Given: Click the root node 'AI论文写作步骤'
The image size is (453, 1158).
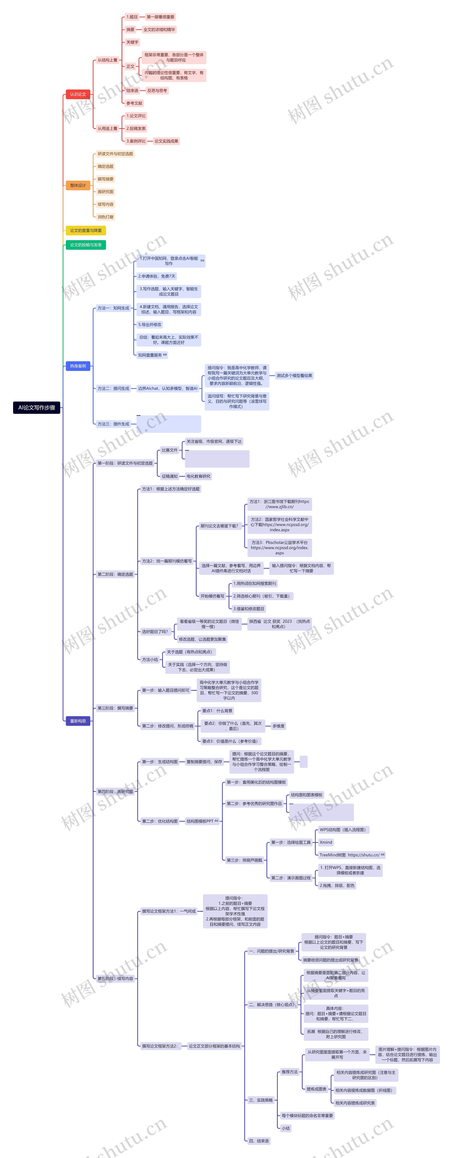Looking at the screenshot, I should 36,408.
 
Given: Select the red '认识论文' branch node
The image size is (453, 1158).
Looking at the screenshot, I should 78,94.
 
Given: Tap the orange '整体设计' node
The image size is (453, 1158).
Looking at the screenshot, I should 78,185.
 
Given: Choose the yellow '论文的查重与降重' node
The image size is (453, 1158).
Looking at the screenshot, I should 85,231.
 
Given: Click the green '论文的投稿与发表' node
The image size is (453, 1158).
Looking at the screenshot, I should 85,245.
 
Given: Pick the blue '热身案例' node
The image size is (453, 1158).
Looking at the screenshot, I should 78,366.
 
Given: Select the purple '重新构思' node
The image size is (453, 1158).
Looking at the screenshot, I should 78,721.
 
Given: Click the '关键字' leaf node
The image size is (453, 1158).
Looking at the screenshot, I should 132,42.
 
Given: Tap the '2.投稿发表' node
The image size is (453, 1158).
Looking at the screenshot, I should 136,129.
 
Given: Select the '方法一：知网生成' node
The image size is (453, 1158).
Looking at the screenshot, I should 113,308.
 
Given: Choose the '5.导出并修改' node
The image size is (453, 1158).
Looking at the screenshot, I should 150,325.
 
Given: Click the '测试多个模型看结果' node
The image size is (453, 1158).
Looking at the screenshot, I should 294,376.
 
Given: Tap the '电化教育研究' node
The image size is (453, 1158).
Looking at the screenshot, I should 198,477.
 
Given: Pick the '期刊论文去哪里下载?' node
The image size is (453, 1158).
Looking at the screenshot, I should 219,526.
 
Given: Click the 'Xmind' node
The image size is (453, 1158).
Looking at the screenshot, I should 326,842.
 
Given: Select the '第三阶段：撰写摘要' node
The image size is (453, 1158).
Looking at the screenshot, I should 116,708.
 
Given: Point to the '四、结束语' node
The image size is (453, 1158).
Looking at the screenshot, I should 259,1141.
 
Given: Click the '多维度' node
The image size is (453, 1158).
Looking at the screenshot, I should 279,726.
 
